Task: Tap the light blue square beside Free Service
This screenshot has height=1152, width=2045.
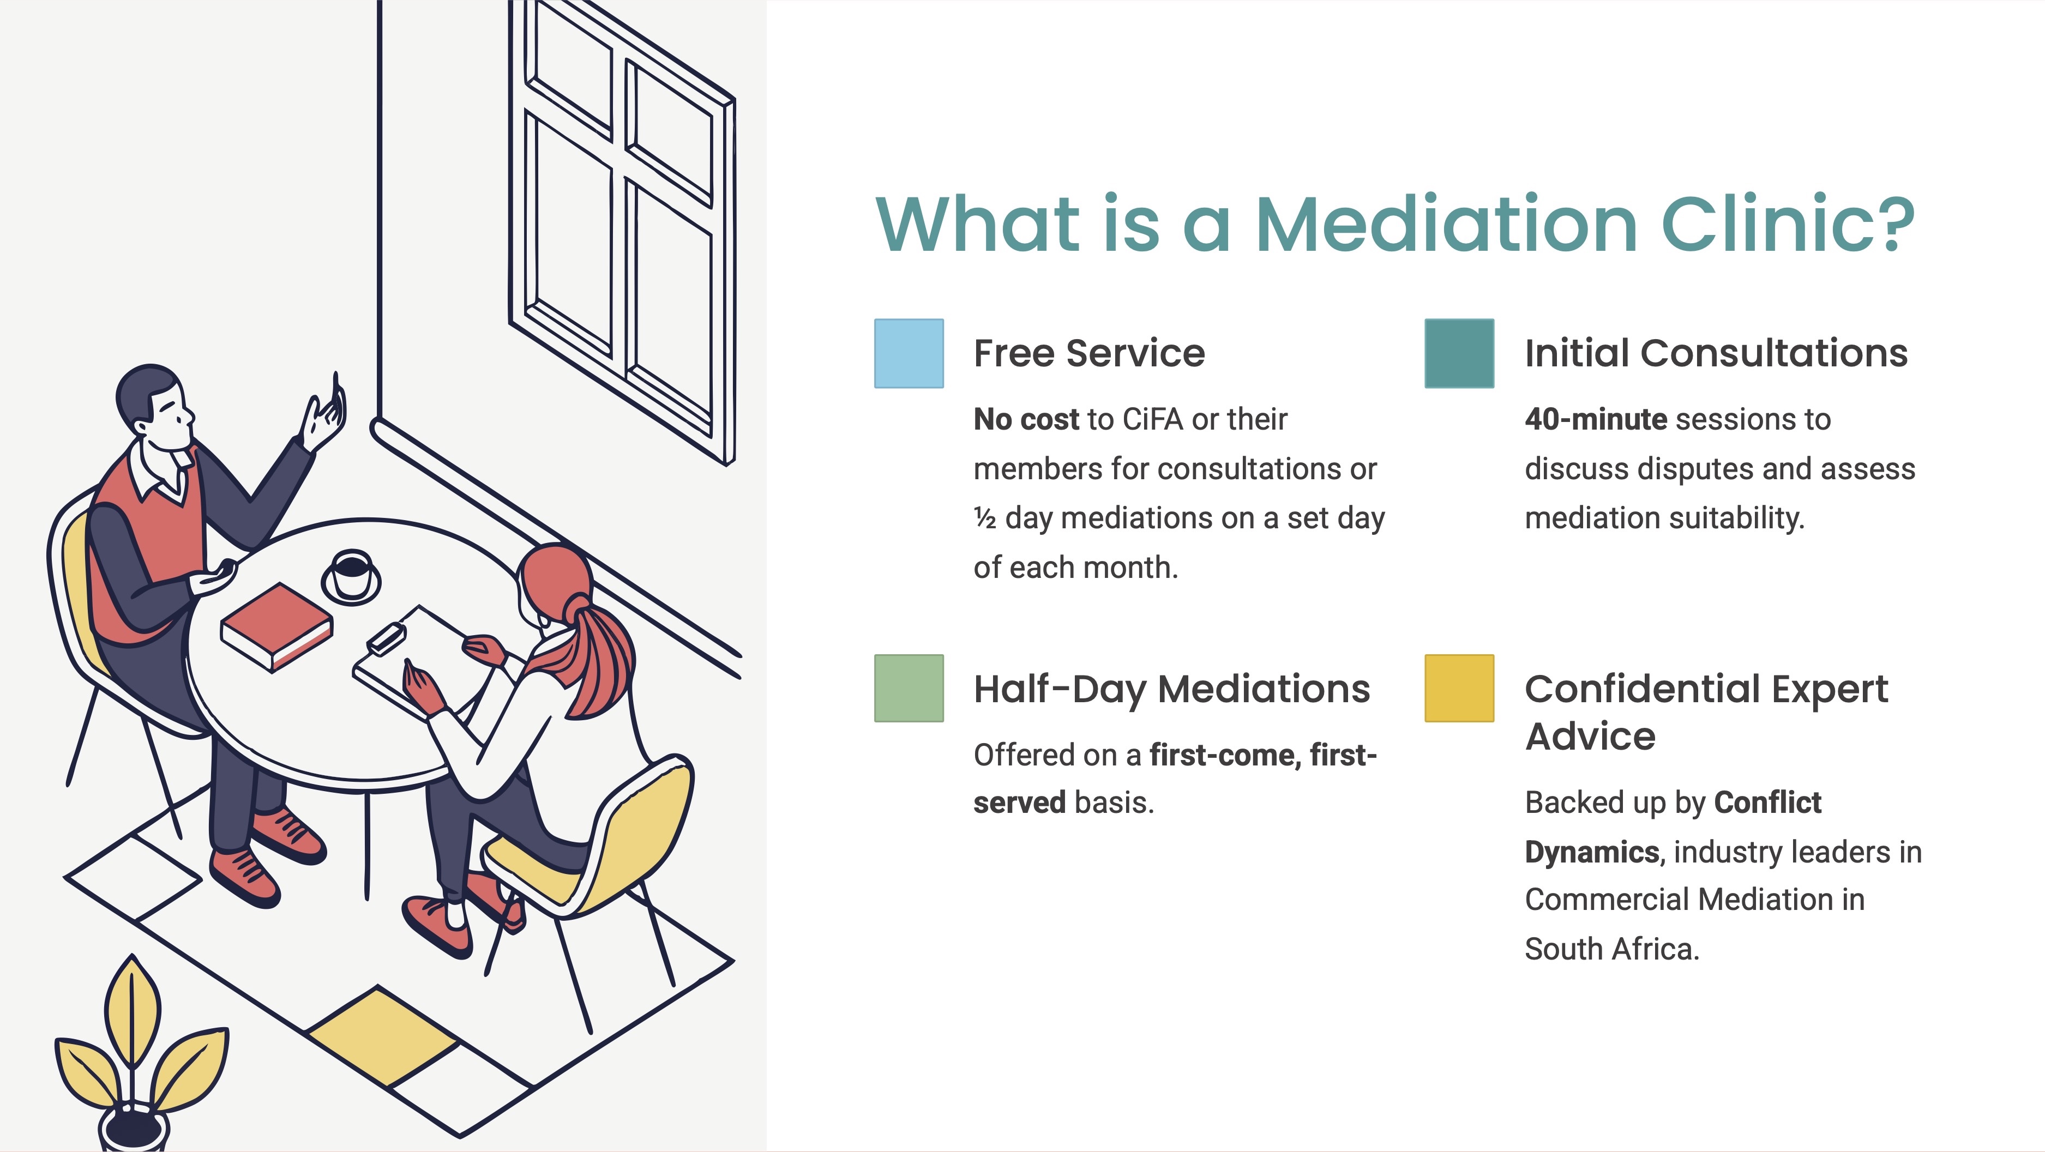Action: tap(909, 353)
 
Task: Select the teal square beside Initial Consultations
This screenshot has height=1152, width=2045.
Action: tap(1459, 353)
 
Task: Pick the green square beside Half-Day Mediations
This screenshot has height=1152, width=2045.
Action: tap(909, 689)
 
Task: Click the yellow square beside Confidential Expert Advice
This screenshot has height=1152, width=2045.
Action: tap(1459, 689)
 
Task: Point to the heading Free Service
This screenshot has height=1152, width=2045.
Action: tap(1089, 353)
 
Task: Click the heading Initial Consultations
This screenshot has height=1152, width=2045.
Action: tap(1716, 353)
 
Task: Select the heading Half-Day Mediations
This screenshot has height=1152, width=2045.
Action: tap(1172, 689)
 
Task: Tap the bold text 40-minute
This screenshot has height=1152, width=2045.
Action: tap(1596, 419)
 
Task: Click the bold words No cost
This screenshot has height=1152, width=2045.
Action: tap(1026, 419)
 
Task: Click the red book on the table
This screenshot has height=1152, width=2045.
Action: tap(276, 627)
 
